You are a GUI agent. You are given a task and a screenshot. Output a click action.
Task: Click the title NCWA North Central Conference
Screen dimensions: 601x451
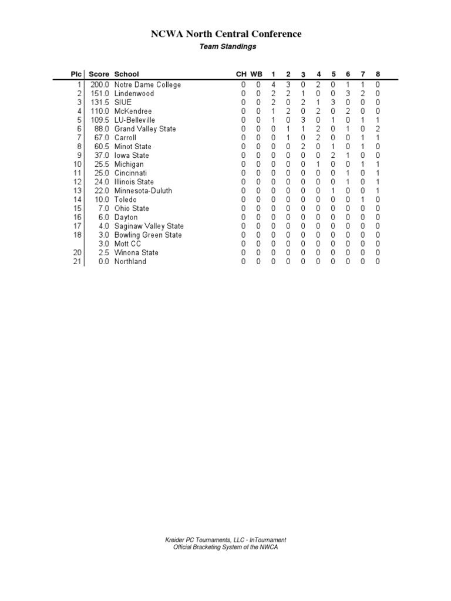tap(226, 34)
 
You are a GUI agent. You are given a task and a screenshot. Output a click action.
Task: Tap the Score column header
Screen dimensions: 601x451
tap(99, 74)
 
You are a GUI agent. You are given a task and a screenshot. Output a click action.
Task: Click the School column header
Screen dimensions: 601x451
tap(127, 74)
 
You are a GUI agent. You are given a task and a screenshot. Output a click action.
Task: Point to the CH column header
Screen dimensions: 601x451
tap(241, 74)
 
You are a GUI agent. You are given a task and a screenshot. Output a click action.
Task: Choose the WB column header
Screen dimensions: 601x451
tap(257, 74)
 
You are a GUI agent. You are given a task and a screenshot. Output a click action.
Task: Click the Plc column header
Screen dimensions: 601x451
tap(76, 74)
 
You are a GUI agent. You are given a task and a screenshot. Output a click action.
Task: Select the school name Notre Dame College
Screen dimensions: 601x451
tap(147, 85)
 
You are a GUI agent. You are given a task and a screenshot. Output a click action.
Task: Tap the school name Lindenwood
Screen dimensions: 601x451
tap(134, 93)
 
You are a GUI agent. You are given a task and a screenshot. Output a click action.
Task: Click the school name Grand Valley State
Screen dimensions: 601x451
tap(145, 129)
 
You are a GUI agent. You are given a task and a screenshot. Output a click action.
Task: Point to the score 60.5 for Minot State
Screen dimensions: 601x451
tap(102, 146)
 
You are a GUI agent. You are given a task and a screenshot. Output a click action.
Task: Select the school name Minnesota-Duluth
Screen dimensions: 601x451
tap(143, 191)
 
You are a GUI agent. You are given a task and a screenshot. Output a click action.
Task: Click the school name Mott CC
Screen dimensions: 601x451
tap(128, 244)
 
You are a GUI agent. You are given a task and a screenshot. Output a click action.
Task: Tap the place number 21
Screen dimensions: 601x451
tap(76, 261)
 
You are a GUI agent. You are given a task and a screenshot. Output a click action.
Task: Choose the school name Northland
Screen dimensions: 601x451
tap(130, 261)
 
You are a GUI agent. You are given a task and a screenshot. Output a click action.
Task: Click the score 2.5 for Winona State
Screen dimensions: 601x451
tap(103, 252)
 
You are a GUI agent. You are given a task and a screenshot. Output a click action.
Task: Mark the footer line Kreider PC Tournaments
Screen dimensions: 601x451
tap(225, 540)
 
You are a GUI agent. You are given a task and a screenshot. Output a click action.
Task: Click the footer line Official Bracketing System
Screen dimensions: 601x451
tap(225, 547)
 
